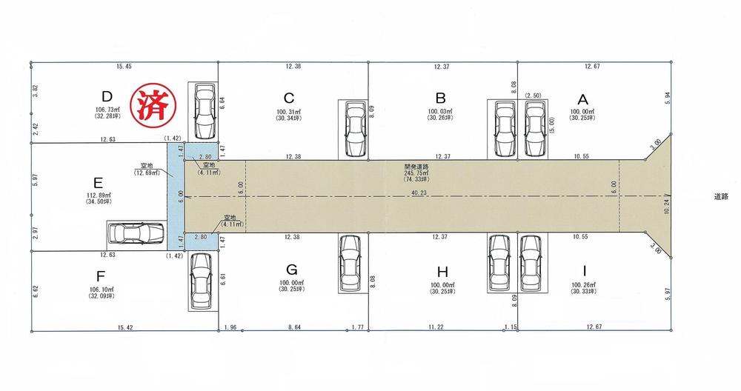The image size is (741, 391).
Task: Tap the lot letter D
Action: tap(107, 96)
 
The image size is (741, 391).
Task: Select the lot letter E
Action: tap(99, 181)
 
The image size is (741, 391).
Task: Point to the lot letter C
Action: tap(289, 98)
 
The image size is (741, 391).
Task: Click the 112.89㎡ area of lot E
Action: tap(99, 195)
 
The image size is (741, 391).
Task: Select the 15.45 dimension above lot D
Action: tap(124, 67)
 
